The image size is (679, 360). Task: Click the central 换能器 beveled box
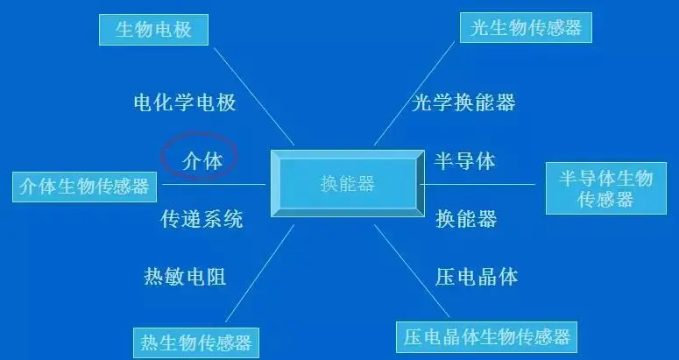[x=347, y=184]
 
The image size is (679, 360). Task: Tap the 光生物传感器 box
[x=526, y=27]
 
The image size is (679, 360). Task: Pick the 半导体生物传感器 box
[x=605, y=188]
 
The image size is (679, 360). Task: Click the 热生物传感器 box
[x=196, y=341]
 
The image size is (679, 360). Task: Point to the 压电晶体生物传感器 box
[x=487, y=336]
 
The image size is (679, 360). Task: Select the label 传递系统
[x=202, y=219]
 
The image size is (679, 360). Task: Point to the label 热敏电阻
[x=185, y=277]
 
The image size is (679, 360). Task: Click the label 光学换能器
[x=463, y=102]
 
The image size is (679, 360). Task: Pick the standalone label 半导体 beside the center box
[x=465, y=161]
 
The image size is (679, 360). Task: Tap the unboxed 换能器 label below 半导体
[x=466, y=219]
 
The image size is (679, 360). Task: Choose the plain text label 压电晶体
[x=477, y=277]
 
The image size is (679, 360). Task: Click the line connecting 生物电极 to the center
[x=254, y=96]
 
